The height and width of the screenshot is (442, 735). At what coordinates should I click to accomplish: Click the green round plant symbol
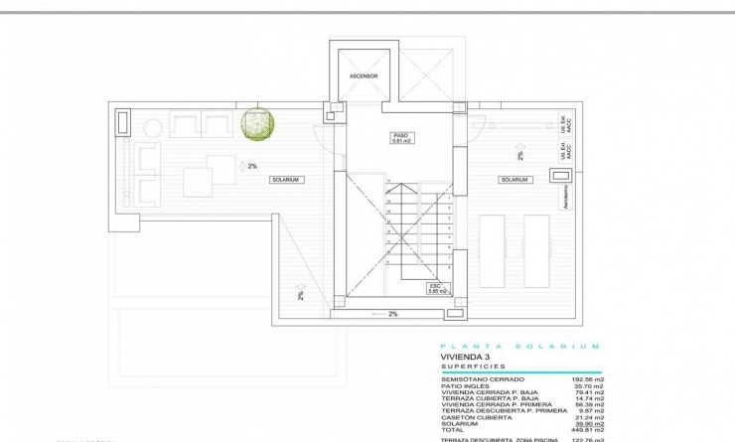(257, 123)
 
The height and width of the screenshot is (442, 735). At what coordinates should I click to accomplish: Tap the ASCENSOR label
(365, 75)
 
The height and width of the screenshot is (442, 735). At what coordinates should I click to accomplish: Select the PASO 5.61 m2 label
(401, 139)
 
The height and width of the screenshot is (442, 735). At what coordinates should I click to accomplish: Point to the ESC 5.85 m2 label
(437, 289)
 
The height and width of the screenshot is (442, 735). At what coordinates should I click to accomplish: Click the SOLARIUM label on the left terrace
(286, 180)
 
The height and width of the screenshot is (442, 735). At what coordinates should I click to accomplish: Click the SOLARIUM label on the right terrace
(514, 180)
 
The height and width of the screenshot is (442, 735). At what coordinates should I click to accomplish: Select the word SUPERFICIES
(473, 367)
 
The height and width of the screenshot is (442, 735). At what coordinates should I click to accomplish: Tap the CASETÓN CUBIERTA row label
(472, 416)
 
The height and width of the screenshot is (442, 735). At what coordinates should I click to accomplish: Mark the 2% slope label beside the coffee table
(252, 166)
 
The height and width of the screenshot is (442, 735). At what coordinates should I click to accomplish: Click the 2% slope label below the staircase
(393, 314)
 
